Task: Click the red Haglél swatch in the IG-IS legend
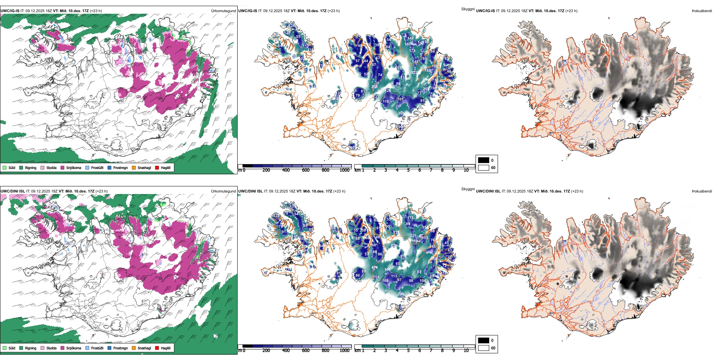157,167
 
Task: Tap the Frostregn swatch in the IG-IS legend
110,167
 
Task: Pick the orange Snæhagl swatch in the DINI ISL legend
134,348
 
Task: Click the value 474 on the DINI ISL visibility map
374,268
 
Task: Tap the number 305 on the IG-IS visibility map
401,113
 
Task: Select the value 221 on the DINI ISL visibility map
413,236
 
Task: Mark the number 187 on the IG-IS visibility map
408,44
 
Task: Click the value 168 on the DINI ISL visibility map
385,281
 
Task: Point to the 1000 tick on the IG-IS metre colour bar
344,170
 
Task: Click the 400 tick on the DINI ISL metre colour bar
286,351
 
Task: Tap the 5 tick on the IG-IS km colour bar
408,170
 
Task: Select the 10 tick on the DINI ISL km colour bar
466,351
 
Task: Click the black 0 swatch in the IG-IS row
484,160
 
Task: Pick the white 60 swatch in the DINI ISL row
484,348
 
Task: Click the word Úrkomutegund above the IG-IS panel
223,11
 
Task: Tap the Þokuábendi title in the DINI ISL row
702,191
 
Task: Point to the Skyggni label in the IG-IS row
468,9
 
